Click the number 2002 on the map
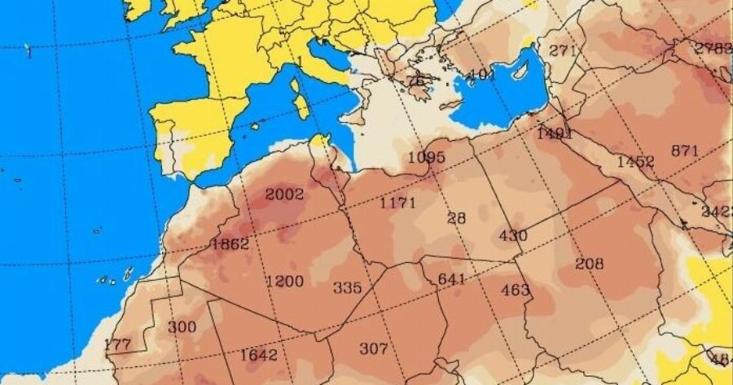pos(284,195)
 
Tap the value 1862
pos(230,243)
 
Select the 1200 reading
pos(285,282)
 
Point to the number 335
pos(347,288)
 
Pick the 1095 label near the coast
pos(427,156)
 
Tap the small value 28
pos(457,217)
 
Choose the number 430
pos(513,236)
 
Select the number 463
pos(516,290)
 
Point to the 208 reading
pos(590,263)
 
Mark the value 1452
pos(635,161)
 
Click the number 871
pos(685,150)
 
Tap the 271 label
pos(563,50)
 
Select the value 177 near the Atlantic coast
pos(117,344)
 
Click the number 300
pos(182,326)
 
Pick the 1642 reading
pos(259,355)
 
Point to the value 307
pos(374,348)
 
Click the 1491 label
pos(555,133)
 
